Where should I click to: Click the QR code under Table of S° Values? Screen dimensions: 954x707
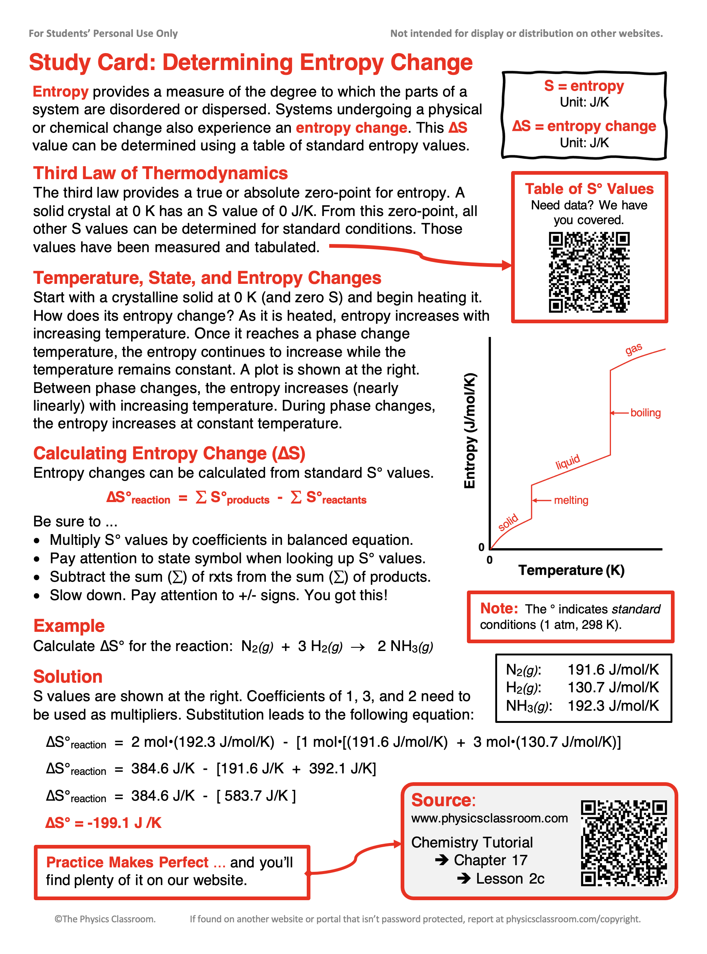tap(589, 272)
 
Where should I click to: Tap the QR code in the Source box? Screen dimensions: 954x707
tap(623, 843)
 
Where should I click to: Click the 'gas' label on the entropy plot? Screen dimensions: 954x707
tap(633, 349)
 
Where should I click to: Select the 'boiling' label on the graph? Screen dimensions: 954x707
tap(646, 413)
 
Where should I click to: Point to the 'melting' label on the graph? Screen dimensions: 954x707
tap(571, 500)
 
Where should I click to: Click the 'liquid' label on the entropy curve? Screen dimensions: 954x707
tap(567, 462)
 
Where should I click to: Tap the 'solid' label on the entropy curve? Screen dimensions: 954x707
tap(508, 523)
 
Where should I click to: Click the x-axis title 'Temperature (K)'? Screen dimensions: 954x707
tap(571, 570)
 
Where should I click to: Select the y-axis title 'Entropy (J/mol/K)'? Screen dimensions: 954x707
tap(470, 431)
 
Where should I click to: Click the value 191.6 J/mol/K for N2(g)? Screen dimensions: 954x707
tap(613, 669)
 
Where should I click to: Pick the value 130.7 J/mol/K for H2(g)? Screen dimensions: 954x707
tap(613, 687)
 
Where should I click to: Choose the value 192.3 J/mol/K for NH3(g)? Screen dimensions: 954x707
tap(613, 706)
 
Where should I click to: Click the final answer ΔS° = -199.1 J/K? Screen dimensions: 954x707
tap(103, 823)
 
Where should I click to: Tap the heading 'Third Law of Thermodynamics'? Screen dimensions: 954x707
tap(161, 173)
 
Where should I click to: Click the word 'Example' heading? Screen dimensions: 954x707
tap(69, 626)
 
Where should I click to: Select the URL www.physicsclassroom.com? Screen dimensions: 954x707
tap(489, 818)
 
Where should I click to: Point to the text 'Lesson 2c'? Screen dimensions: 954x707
tap(510, 878)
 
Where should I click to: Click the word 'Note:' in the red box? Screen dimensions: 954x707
tap(499, 608)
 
